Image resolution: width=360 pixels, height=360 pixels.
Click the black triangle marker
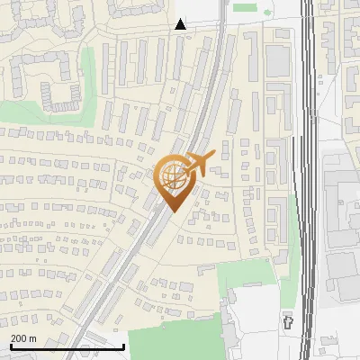[x=181, y=24]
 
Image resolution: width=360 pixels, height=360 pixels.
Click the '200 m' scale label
[x=23, y=338]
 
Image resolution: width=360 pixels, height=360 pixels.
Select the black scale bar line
[x=67, y=346]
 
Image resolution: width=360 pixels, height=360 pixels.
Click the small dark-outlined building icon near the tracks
[x=289, y=320]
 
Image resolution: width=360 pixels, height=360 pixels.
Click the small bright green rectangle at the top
[x=245, y=7]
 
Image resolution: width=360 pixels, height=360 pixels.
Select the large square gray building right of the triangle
[x=278, y=61]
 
